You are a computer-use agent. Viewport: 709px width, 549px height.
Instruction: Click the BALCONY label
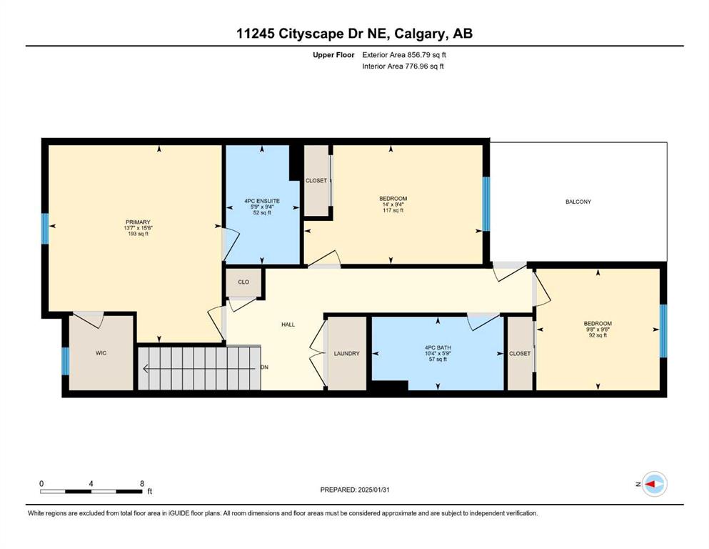point(578,202)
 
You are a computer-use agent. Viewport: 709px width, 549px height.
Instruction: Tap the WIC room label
point(101,353)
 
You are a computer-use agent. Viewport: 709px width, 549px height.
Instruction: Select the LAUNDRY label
point(347,353)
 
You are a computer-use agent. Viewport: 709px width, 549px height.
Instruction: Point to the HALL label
point(288,325)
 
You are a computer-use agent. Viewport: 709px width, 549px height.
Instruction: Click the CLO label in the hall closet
point(243,282)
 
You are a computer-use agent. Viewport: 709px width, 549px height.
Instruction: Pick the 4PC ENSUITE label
point(262,201)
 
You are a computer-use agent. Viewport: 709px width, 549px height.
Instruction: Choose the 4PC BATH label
point(438,347)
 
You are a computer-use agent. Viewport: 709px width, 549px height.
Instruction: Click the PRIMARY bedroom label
point(138,222)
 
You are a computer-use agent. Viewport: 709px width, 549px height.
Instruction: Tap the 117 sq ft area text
point(393,210)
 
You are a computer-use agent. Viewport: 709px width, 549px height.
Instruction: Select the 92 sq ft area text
point(598,335)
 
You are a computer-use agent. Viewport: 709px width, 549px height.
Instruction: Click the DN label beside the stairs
point(264,367)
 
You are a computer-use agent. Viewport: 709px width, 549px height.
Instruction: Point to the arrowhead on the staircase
point(146,369)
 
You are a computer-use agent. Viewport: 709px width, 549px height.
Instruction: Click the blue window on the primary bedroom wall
point(45,229)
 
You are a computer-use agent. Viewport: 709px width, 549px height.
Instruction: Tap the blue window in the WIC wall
point(66,361)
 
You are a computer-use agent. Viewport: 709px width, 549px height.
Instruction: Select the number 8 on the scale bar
point(142,483)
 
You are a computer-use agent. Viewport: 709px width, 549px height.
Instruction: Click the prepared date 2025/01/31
point(373,490)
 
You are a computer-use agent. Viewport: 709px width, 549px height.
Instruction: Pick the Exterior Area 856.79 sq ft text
point(404,55)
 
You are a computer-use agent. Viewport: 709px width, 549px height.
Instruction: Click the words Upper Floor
point(333,55)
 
